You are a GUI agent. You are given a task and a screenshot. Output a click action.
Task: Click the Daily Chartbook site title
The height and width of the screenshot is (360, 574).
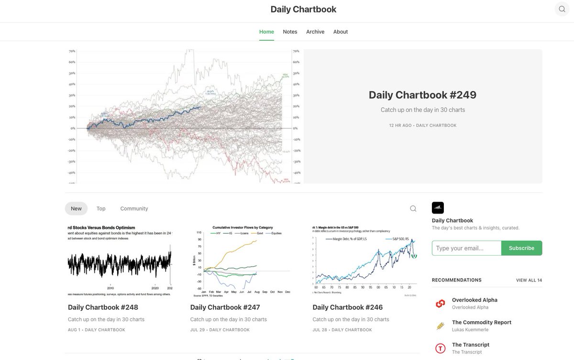(303, 9)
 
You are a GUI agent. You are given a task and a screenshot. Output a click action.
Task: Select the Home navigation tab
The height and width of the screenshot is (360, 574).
(266, 32)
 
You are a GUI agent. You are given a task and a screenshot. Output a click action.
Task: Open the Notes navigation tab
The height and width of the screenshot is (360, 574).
(290, 32)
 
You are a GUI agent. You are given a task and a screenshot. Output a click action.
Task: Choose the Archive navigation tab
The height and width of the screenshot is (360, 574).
(315, 32)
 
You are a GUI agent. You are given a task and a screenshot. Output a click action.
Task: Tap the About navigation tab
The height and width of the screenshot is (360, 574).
(341, 32)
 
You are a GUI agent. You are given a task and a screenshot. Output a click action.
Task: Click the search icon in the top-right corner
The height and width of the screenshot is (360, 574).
(562, 9)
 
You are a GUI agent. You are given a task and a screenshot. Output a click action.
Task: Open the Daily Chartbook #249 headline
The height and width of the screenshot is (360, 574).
(422, 95)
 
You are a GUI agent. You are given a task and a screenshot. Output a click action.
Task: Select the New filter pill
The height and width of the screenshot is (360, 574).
(76, 208)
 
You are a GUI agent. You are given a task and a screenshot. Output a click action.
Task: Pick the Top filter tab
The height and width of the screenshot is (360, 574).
(101, 208)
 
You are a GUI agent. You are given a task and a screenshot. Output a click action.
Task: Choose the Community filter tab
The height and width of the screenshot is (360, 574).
(134, 208)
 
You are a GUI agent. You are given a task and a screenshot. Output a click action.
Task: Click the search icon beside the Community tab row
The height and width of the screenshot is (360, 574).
(413, 208)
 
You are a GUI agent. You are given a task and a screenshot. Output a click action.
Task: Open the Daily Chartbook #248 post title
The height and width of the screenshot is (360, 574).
(103, 307)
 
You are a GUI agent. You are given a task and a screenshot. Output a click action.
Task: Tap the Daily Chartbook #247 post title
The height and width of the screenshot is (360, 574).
(225, 307)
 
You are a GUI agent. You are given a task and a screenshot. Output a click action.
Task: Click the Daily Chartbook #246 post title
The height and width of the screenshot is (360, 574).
(348, 307)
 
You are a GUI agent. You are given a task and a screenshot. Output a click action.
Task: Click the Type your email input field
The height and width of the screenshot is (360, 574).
(466, 248)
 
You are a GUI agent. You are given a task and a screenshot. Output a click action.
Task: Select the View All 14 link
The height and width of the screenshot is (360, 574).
(529, 280)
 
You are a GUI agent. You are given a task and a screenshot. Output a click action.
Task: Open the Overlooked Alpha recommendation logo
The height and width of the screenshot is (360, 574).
(440, 304)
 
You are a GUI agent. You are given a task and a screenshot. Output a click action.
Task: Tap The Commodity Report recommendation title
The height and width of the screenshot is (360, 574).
(481, 322)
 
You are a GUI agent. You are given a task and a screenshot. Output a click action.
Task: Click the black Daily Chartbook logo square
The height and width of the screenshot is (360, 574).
(438, 207)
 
